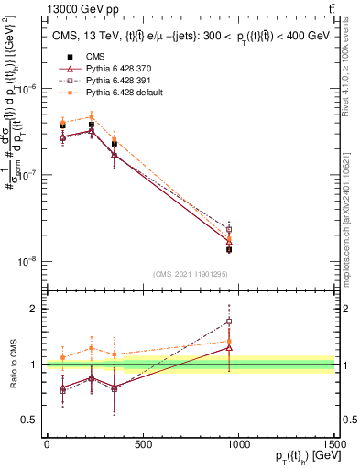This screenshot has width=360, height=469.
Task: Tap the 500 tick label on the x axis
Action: (142, 444)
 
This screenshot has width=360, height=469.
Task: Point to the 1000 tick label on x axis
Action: (238, 444)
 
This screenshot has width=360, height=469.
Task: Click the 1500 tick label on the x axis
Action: (334, 444)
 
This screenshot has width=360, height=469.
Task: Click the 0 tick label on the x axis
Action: (47, 444)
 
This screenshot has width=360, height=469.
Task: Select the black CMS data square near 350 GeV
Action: (115, 144)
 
